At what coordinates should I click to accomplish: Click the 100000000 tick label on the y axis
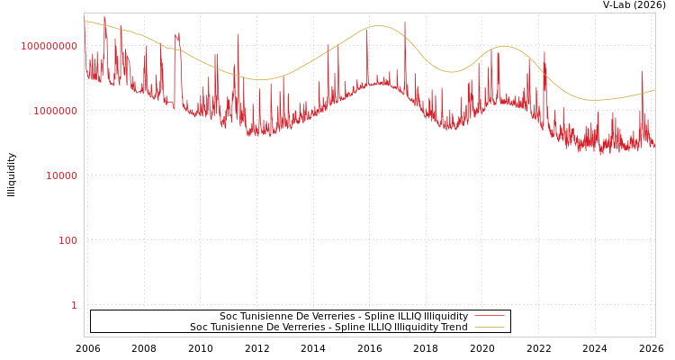coord(49,46)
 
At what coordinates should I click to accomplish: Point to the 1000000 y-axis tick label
coord(55,111)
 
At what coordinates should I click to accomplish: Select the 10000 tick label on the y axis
coord(61,175)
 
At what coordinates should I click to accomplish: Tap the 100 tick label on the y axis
coord(68,240)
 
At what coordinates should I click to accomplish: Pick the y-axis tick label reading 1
coord(74,305)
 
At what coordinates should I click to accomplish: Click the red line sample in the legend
coord(489,316)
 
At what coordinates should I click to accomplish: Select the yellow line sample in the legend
coord(489,327)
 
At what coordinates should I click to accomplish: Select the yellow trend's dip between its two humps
coord(452,72)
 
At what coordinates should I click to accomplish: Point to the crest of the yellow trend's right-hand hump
coord(504,46)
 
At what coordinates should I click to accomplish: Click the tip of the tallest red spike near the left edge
coord(104,16)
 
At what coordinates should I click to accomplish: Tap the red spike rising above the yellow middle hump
coord(405,22)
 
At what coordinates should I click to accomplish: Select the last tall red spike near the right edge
coord(643,71)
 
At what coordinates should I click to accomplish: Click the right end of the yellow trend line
coord(654,89)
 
